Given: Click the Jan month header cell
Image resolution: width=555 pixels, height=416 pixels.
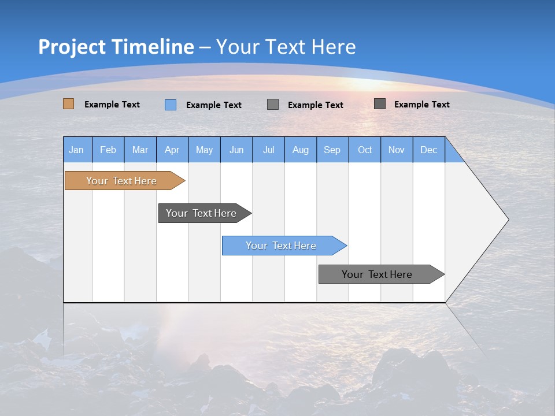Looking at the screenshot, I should [x=77, y=150].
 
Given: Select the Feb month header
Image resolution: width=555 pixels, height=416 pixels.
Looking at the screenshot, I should [x=108, y=150].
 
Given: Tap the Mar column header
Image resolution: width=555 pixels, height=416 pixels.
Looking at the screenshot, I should [x=140, y=150].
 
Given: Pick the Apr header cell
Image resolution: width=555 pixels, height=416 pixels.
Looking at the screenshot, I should [x=172, y=150].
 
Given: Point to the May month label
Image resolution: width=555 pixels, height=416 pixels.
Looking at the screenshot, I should [x=204, y=150].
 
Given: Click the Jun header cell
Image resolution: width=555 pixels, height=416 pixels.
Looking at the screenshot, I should [x=236, y=150].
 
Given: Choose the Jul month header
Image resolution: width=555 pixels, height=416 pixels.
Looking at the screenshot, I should [x=268, y=150].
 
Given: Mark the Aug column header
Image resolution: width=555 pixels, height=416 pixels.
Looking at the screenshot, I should [x=301, y=150].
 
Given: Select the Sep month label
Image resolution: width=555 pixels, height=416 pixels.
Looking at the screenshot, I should [x=332, y=150].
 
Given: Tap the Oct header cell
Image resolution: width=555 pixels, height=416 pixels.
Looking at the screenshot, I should [x=365, y=150].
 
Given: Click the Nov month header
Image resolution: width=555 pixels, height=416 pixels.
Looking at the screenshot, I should [x=397, y=150].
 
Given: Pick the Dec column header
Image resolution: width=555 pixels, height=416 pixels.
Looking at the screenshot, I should [x=429, y=150].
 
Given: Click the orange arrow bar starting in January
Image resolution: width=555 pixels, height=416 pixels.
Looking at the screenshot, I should [x=121, y=181].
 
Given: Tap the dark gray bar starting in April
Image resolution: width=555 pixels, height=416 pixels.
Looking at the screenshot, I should [x=201, y=213].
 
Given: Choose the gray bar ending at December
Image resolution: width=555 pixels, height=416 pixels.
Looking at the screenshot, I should [x=378, y=274].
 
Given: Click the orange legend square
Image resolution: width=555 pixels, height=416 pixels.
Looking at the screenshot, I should [x=68, y=104].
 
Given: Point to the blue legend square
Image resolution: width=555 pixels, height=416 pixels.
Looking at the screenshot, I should [x=171, y=105].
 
